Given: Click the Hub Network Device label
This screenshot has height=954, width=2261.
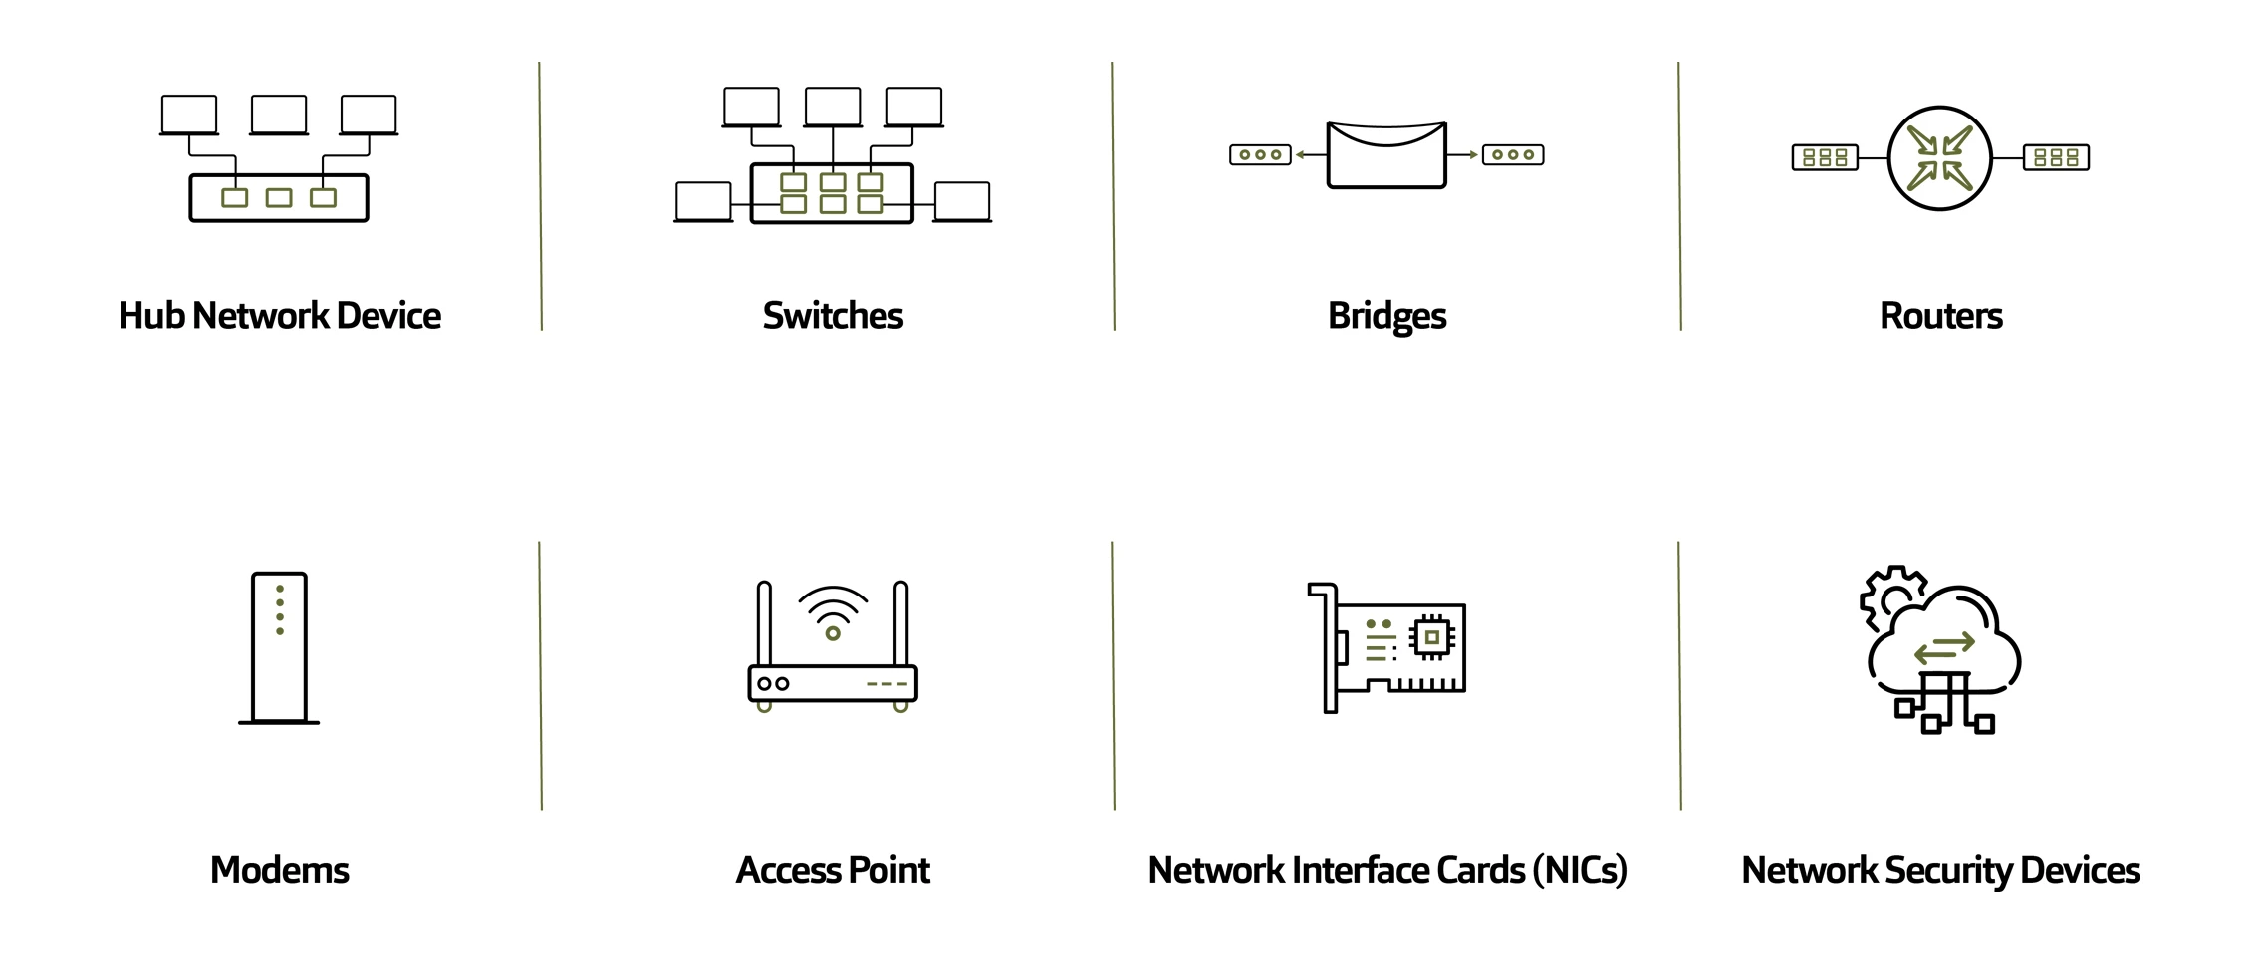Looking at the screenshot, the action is click(280, 316).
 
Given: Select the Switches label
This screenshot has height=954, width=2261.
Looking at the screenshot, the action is click(833, 316).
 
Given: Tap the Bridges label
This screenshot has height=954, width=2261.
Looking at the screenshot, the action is click(1386, 317).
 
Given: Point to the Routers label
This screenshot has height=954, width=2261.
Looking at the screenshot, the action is click(1940, 316).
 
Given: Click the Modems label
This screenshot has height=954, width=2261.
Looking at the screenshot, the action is click(280, 870).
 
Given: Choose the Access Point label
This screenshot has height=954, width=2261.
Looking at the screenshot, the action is click(833, 870).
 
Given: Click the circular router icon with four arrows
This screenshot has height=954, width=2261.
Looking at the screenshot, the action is click(1939, 157).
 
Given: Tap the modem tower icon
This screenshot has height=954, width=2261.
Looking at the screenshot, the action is click(279, 647).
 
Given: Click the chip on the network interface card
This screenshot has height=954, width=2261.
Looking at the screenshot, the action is click(1432, 636).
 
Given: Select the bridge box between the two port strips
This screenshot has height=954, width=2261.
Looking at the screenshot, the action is click(1386, 154).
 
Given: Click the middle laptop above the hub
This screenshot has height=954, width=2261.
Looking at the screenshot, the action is click(279, 116).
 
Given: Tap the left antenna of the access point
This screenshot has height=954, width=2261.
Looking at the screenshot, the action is click(764, 623).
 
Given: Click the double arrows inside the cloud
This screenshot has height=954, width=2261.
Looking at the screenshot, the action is click(1944, 648).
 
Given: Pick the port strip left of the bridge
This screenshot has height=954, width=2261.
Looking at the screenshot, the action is click(1260, 154).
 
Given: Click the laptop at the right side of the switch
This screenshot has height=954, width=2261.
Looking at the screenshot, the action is click(962, 202).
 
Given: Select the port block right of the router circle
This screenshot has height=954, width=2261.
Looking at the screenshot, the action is click(2056, 157).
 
